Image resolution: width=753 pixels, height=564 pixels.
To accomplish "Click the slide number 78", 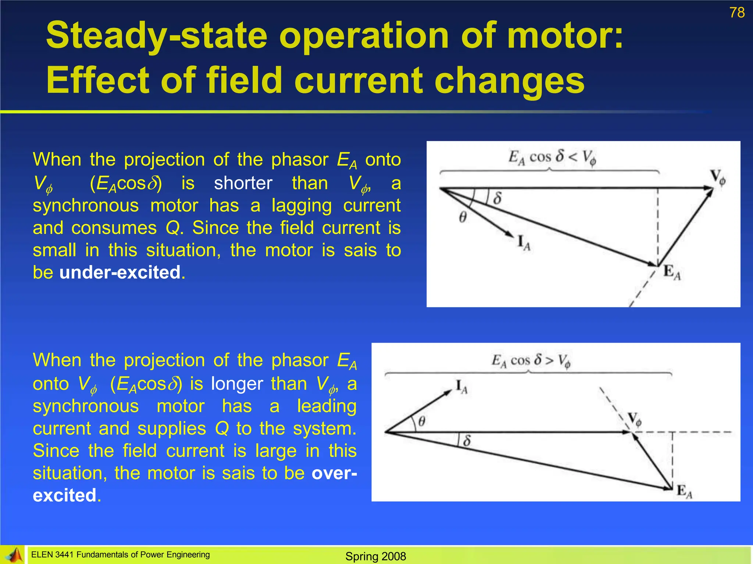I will [737, 12].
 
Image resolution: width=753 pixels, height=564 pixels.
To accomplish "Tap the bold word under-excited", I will [120, 272].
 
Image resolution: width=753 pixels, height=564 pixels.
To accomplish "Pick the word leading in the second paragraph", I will [326, 406].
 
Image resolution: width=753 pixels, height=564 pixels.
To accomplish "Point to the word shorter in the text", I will [243, 183].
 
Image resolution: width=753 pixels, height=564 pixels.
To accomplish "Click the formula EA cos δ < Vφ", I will [552, 158].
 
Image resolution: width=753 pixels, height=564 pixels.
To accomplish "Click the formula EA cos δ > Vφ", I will [531, 361].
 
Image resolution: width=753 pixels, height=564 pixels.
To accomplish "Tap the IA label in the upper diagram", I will [524, 243].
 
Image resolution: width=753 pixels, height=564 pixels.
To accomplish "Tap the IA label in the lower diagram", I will [461, 387].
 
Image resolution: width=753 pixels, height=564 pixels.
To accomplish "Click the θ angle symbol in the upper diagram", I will [463, 217].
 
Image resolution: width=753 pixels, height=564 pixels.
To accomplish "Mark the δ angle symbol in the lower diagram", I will [467, 440].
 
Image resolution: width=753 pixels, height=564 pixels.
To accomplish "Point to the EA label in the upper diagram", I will [672, 273].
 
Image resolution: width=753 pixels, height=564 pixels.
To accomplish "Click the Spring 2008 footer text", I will [375, 556].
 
